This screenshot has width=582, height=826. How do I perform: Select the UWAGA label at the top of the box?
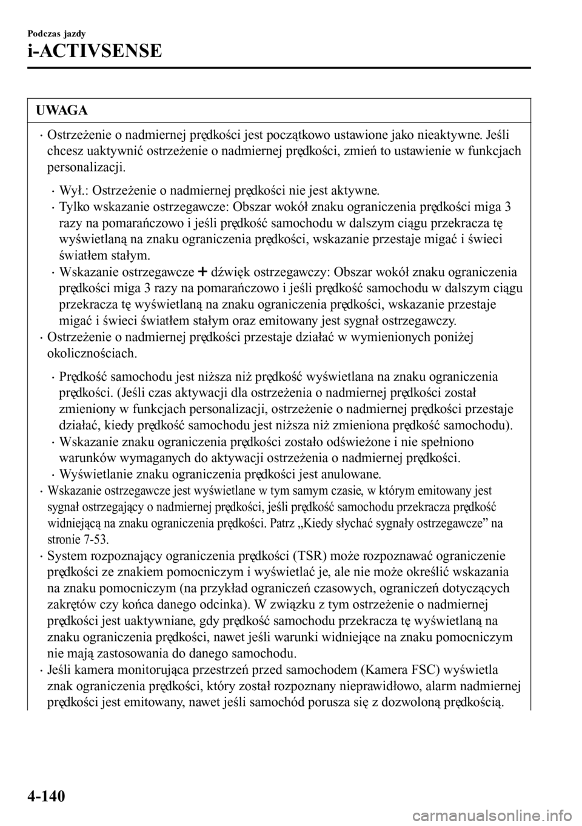tap(62, 110)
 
